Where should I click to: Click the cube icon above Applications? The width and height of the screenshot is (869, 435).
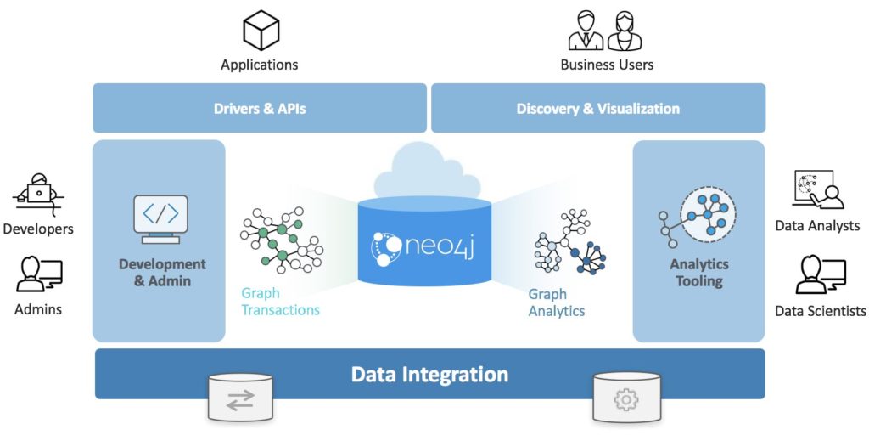point(261,31)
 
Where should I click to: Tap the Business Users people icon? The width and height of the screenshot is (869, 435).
point(604,31)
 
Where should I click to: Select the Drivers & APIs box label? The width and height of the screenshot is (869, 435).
point(260,109)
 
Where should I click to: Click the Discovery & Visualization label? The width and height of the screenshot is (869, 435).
point(597,109)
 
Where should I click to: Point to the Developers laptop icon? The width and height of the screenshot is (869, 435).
point(37,195)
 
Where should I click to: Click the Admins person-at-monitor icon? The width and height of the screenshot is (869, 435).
point(38,274)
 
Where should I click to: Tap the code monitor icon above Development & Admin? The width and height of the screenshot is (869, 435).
point(160,218)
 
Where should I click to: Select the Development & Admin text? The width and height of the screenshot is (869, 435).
point(162,273)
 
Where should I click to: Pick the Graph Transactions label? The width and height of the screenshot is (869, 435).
point(280,302)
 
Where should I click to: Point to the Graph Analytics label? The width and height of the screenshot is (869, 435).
point(557,302)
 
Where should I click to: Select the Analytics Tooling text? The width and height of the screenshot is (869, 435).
point(698,273)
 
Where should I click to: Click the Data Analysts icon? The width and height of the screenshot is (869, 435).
point(817,189)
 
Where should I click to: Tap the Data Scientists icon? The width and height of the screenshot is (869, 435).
point(820,274)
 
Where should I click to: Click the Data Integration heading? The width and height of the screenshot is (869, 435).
point(429,374)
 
